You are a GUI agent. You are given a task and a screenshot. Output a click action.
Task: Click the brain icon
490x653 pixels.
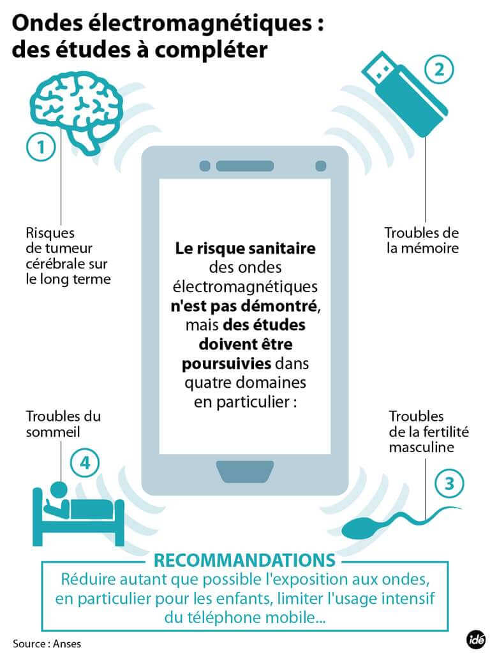[77, 112]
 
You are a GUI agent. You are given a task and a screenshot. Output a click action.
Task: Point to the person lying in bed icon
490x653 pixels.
[78, 515]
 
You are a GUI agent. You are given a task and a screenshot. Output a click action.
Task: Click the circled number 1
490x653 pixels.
[41, 147]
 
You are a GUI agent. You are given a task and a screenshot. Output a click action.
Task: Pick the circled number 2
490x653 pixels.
[439, 69]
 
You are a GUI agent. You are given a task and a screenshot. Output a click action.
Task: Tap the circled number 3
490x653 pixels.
[449, 483]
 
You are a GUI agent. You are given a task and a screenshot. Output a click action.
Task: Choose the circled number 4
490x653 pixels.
[85, 463]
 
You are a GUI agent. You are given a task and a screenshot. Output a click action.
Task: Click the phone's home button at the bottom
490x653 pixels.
[245, 471]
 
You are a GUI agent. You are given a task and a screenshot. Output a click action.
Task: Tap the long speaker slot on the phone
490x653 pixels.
[245, 166]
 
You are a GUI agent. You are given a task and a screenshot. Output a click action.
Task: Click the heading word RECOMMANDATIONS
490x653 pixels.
[244, 560]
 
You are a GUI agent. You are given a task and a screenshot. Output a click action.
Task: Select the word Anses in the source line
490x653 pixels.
[67, 644]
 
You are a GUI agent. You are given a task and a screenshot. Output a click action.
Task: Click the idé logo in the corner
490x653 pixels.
[475, 640]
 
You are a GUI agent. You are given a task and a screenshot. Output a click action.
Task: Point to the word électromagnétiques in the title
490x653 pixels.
[199, 24]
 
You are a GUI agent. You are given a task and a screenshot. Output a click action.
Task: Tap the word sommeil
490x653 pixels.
[53, 432]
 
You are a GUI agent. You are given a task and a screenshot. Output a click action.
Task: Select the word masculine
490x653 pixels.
[422, 447]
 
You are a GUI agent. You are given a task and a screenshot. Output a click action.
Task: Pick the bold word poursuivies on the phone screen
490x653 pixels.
[226, 364]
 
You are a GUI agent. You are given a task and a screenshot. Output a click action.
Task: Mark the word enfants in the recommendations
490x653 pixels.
[245, 599]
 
